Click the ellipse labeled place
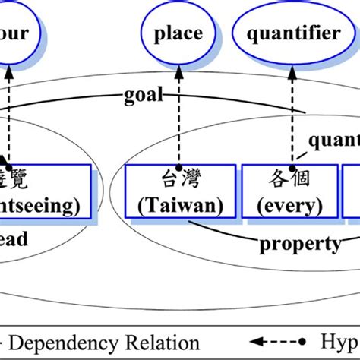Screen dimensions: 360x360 178,33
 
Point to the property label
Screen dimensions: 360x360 300,243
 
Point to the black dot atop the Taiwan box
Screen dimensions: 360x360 178,166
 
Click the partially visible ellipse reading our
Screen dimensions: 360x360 15,33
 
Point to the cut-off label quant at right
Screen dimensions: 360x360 334,141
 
